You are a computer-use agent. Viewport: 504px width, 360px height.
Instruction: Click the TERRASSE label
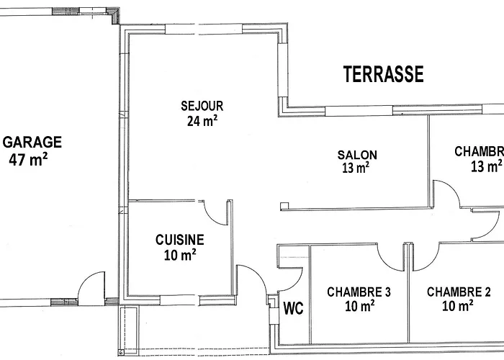(384, 74)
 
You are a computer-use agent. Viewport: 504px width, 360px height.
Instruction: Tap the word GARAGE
(32, 142)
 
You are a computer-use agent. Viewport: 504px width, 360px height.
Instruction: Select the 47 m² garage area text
(28, 159)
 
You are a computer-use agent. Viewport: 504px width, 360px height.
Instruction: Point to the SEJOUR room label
(202, 106)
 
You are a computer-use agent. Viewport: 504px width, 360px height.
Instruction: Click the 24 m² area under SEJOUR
(202, 120)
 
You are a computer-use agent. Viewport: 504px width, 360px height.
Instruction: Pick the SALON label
(357, 156)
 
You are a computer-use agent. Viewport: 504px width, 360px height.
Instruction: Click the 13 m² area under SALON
(356, 168)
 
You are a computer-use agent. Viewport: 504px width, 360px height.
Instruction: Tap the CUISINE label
(180, 240)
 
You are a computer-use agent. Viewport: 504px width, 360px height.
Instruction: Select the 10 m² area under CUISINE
(180, 255)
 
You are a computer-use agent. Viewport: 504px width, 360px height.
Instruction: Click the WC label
(293, 308)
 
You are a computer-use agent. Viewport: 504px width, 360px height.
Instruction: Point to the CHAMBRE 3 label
(359, 292)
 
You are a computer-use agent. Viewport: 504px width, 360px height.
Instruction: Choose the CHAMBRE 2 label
(459, 292)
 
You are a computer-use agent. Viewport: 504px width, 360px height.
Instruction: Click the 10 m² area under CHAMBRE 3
(360, 306)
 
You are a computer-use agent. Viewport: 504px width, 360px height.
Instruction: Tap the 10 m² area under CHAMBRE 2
(457, 306)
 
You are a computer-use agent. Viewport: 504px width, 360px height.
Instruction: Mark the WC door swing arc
(297, 284)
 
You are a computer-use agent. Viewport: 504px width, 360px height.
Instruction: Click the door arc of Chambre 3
(384, 264)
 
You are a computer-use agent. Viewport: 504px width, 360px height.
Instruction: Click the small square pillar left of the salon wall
(284, 206)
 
